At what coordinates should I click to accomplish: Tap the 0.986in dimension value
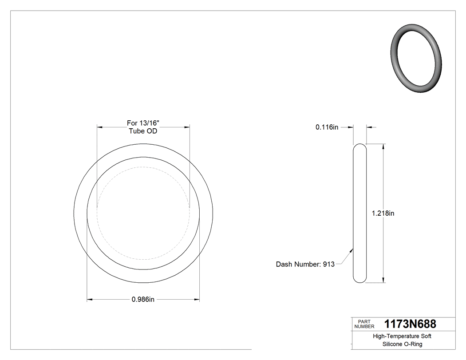143,300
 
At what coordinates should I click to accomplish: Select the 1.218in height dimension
383,213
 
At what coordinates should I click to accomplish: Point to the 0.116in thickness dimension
327,127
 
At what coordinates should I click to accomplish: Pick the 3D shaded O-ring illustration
416,58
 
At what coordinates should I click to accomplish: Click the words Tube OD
143,131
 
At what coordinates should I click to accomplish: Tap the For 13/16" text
143,123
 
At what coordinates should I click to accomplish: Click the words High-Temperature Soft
402,336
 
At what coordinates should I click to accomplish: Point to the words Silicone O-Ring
402,344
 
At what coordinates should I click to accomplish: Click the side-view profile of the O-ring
360,213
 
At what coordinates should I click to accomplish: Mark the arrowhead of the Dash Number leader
352,250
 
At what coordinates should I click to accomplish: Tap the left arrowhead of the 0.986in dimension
89,300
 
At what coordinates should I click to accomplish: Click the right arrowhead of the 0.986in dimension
197,300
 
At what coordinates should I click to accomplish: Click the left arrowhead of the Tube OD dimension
99,127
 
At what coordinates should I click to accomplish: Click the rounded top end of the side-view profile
360,146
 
